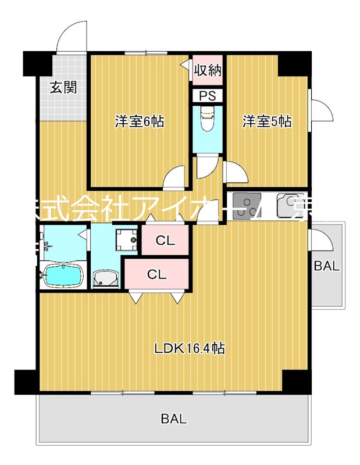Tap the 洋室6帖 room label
(139, 121)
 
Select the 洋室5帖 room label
(267, 121)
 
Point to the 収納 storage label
(208, 71)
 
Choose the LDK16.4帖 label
(190, 349)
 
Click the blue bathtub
(63, 276)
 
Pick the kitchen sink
(291, 205)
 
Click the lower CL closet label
(156, 274)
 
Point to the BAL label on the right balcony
(326, 267)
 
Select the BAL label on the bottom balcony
(174, 419)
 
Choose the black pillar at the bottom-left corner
(26, 381)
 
